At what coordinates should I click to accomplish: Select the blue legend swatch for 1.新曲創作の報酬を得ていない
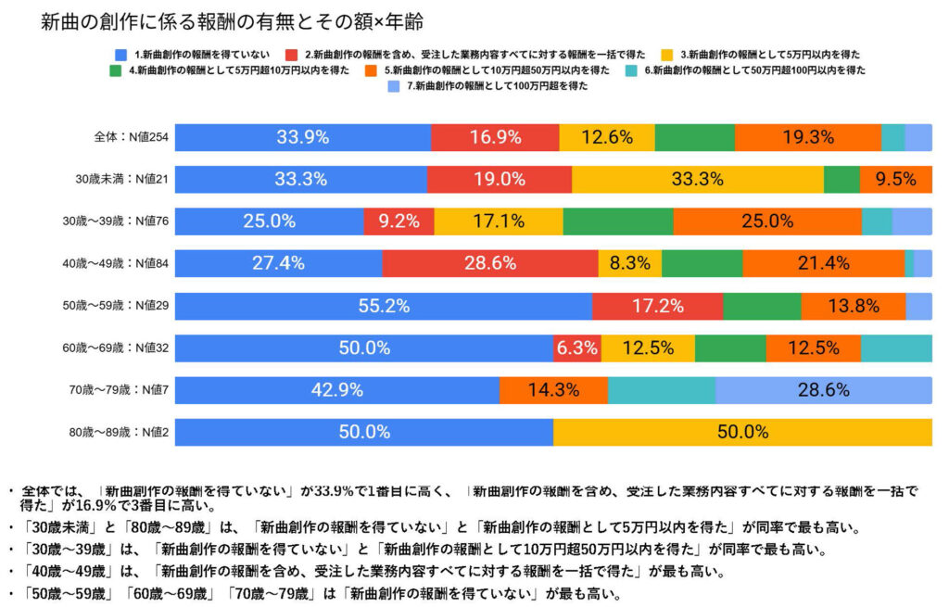point(118,54)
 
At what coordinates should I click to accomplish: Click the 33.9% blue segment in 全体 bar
point(302,137)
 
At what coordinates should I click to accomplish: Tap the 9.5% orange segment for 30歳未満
point(895,179)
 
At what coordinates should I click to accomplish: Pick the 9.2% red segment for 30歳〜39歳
point(399,221)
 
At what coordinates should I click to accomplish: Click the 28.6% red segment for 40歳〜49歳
point(489,263)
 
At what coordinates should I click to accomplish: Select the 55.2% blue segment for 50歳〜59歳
point(384,306)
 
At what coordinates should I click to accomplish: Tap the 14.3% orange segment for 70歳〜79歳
point(553,390)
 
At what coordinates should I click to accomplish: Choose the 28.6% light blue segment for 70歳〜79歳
point(823,390)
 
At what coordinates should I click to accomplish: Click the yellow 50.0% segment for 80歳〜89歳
point(742,432)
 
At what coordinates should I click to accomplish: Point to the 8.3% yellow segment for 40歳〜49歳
point(629,263)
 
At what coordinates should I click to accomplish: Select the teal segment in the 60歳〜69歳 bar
point(895,348)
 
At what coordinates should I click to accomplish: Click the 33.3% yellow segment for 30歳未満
point(697,179)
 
